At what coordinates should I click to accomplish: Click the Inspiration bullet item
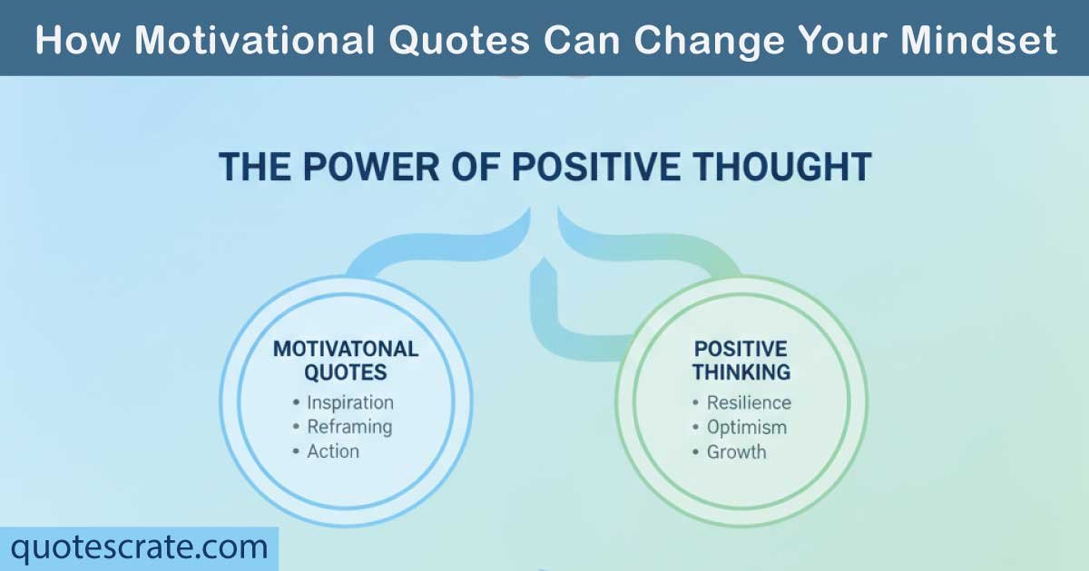coord(349,402)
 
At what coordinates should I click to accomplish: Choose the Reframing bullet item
coord(349,427)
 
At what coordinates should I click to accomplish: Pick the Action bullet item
coord(333,451)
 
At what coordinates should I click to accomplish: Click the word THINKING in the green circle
coord(741,373)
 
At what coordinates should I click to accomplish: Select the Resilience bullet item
coord(749,402)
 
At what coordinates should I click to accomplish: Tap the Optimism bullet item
coord(746,427)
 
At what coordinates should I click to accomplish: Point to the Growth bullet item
coord(736,451)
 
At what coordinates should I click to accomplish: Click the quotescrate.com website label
coord(139,547)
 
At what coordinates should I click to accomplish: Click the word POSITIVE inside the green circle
coord(741,349)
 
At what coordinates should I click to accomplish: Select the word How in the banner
coord(74,40)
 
